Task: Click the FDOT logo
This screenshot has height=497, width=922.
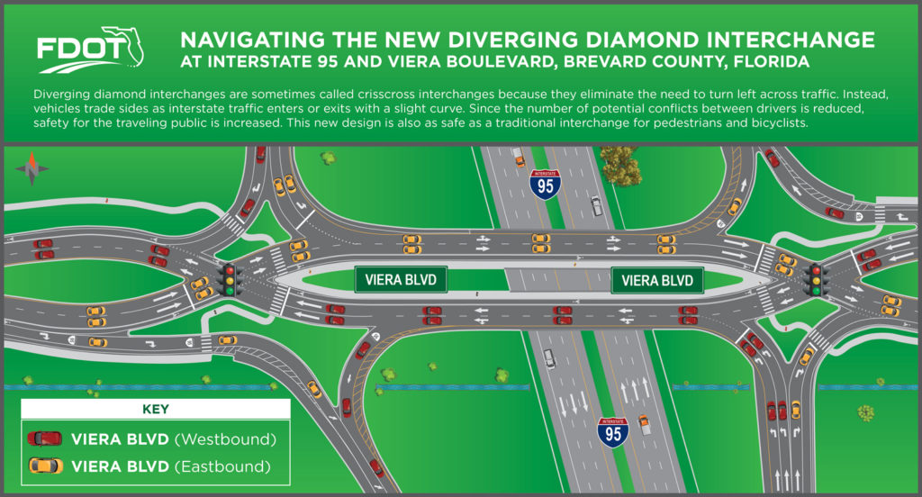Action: [90, 52]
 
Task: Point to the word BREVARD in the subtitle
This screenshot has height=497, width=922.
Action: [620, 63]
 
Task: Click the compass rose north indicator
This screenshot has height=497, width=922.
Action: [32, 167]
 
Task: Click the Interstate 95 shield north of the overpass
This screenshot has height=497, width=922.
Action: [545, 183]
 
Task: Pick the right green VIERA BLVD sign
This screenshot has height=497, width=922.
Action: [658, 280]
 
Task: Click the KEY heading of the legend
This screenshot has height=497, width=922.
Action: [156, 409]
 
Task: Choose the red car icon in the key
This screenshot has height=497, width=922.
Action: [45, 438]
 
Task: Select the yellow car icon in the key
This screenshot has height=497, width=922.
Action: [45, 465]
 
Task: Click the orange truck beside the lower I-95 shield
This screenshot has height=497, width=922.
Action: [644, 420]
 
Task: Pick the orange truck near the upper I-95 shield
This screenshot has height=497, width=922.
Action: [519, 160]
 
